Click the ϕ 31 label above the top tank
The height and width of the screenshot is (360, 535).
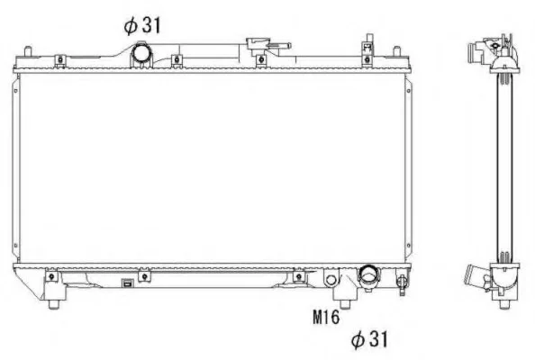[x=141, y=25]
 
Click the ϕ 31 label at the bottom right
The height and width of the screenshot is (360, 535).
[x=369, y=339]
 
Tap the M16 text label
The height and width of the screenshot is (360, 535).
[x=326, y=317]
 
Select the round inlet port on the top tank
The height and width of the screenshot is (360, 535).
[x=141, y=52]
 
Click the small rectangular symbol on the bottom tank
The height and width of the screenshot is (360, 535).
[x=127, y=283]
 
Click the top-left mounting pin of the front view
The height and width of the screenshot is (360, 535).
[x=28, y=52]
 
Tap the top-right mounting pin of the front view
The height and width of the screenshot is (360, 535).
[x=396, y=52]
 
